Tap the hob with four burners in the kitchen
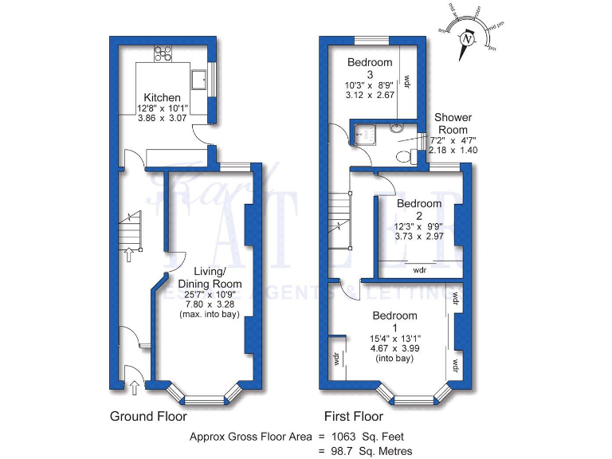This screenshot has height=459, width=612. [x=163, y=53]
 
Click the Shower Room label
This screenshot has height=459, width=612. [x=453, y=124]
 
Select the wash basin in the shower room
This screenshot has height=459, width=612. [x=396, y=127]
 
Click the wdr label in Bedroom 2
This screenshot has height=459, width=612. [x=419, y=270]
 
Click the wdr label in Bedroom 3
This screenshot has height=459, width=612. [x=406, y=81]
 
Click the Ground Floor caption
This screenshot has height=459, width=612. [x=148, y=416]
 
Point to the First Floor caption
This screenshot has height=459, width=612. [x=353, y=416]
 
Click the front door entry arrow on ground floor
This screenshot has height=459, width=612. [x=134, y=388]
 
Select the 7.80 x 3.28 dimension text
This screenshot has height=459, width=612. [x=210, y=304]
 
